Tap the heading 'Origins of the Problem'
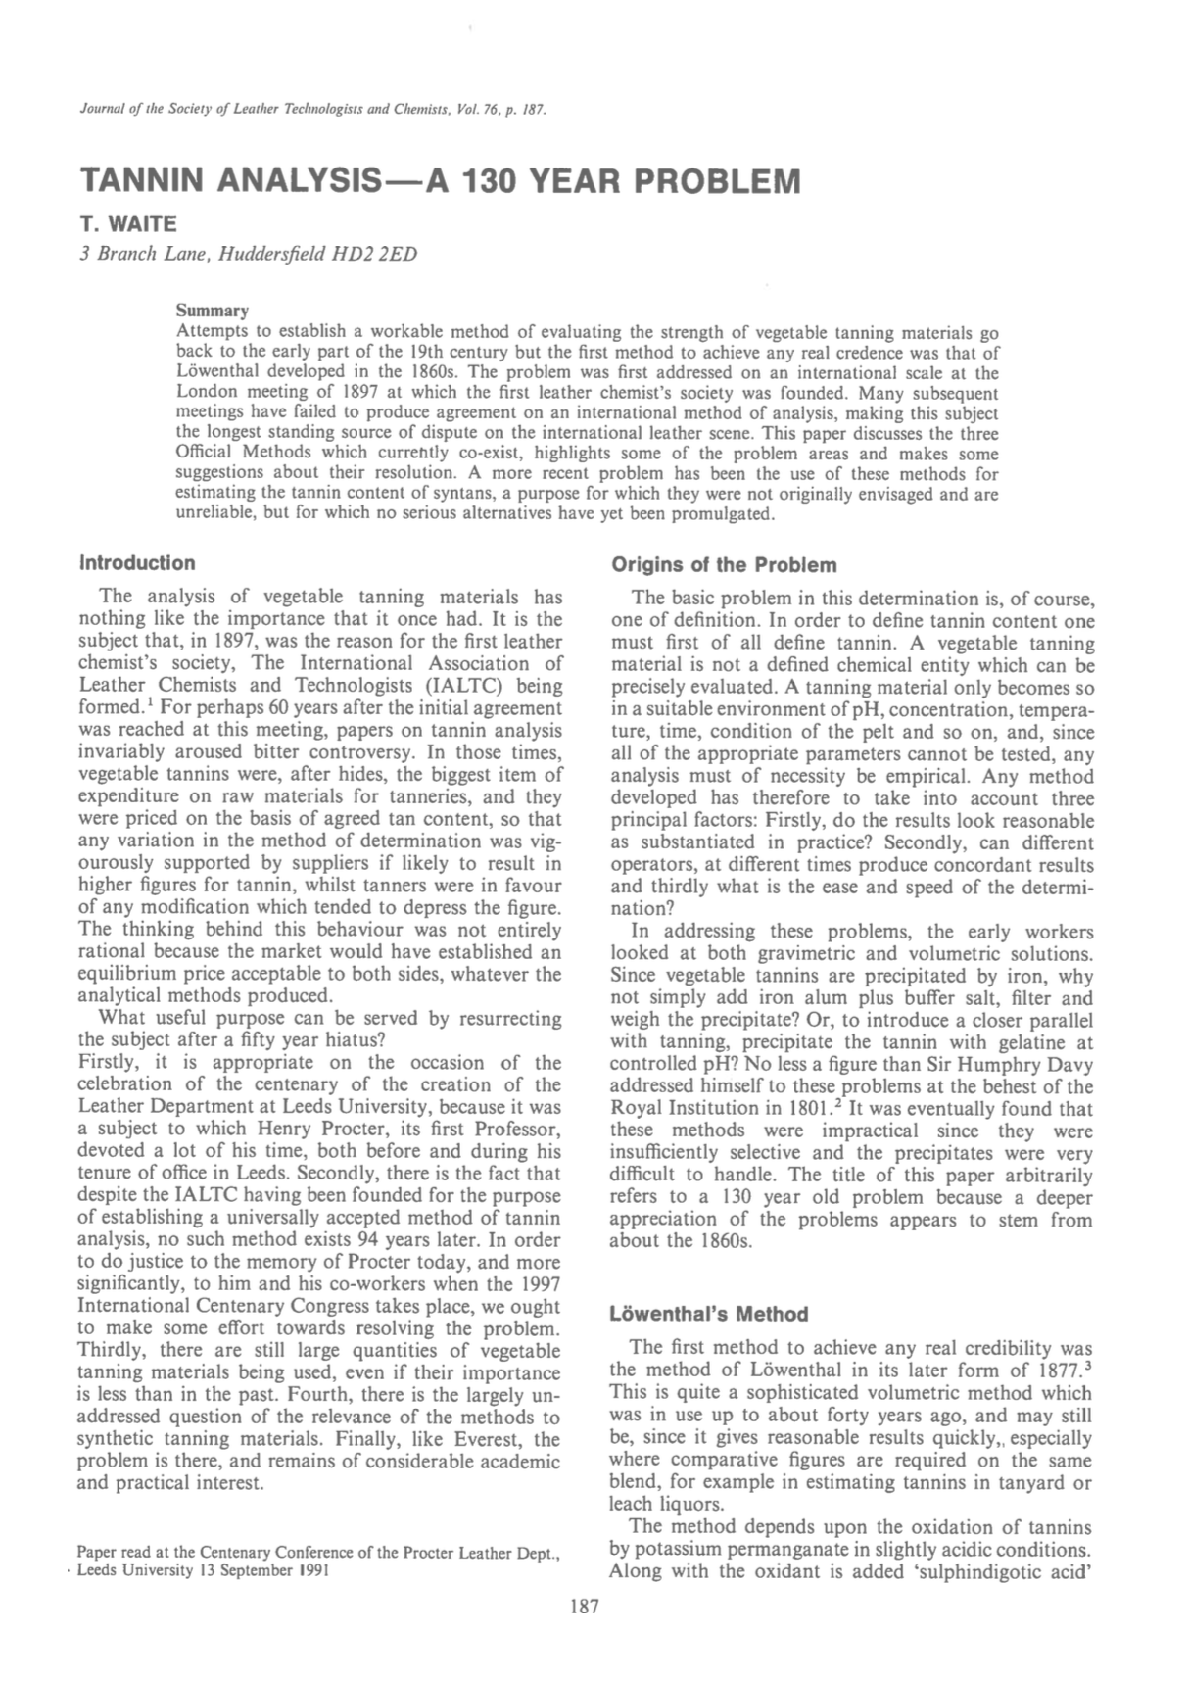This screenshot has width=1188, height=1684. point(724,565)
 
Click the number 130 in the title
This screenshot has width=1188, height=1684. point(491,181)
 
